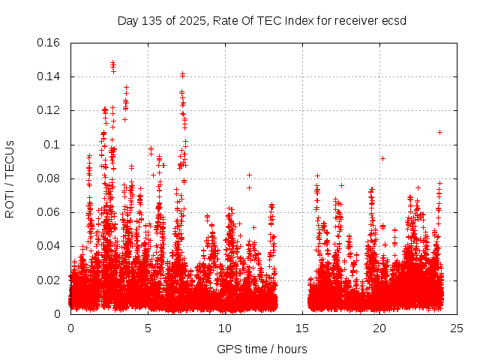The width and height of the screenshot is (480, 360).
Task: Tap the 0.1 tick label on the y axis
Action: (54, 145)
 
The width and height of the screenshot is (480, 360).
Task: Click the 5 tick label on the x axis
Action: (148, 328)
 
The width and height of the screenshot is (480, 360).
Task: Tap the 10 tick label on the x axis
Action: (226, 328)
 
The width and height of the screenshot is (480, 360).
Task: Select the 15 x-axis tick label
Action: (303, 328)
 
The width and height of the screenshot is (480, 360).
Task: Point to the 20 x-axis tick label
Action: (380, 328)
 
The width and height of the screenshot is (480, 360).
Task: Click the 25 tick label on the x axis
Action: (457, 328)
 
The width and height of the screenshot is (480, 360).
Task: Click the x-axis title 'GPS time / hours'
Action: (262, 349)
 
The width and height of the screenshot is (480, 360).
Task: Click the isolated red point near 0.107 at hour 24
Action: (440, 132)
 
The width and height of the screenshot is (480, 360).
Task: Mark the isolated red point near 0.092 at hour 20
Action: (382, 158)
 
